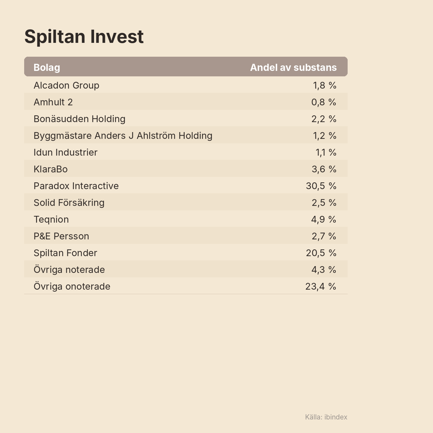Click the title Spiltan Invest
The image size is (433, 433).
coord(84,37)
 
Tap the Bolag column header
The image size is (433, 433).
coord(47,68)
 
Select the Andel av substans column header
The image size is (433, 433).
coord(293,67)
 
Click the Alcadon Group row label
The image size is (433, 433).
coord(66,85)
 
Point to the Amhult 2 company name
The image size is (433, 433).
coord(53,102)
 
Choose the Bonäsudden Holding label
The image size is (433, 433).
coord(79,119)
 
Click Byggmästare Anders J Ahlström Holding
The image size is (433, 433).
coord(123,136)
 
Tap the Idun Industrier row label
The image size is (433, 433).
coord(65,152)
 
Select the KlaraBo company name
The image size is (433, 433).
coord(51,169)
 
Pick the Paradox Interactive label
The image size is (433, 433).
coord(76,186)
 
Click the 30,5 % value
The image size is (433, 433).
coord(321,186)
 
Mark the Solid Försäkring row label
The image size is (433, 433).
coord(69,203)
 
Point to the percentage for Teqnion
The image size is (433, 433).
coord(323,219)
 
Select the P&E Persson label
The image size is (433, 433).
coord(61,236)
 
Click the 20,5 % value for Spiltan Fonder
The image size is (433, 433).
coord(321,253)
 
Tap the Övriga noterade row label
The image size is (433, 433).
coord(69,269)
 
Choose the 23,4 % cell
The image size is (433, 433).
coord(321,286)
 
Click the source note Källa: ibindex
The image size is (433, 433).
coord(326,417)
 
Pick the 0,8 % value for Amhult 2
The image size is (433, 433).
coord(324,102)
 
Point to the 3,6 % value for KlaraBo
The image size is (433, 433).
coord(324,169)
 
